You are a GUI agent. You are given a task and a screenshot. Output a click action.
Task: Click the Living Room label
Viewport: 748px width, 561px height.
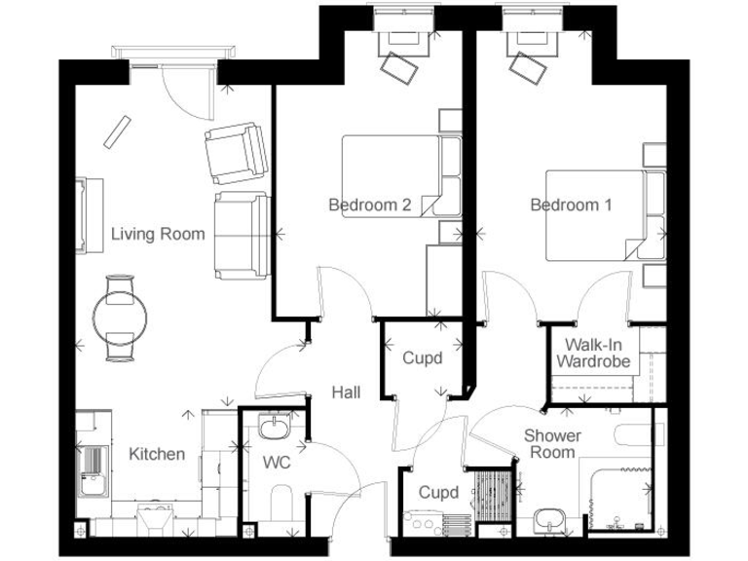[158, 234]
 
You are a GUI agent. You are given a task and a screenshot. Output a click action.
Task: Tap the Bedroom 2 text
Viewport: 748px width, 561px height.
[369, 205]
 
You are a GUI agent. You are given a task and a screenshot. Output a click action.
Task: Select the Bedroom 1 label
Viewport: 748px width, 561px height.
[571, 205]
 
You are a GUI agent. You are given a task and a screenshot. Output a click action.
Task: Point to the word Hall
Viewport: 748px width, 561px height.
[346, 393]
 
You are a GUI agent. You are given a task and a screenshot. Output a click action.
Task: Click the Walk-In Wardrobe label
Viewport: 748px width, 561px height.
[591, 354]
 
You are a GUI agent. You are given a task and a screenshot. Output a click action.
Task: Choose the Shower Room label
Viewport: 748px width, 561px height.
[552, 443]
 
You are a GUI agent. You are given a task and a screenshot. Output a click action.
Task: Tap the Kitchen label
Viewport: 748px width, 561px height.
[157, 454]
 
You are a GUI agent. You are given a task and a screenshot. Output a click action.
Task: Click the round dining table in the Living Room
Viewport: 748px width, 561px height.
[122, 317]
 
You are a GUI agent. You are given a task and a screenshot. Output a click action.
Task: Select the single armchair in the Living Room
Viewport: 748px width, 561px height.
[235, 154]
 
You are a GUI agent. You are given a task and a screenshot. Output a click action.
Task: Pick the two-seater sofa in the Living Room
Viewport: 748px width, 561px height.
[240, 235]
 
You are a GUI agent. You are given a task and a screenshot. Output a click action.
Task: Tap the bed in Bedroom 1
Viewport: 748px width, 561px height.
[595, 215]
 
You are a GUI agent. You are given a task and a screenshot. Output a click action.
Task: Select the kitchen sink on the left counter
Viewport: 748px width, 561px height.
[93, 470]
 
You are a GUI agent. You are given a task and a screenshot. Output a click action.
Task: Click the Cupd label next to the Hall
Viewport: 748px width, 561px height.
[423, 358]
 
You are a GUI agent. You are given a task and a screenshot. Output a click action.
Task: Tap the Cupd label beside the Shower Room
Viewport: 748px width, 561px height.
[438, 493]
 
